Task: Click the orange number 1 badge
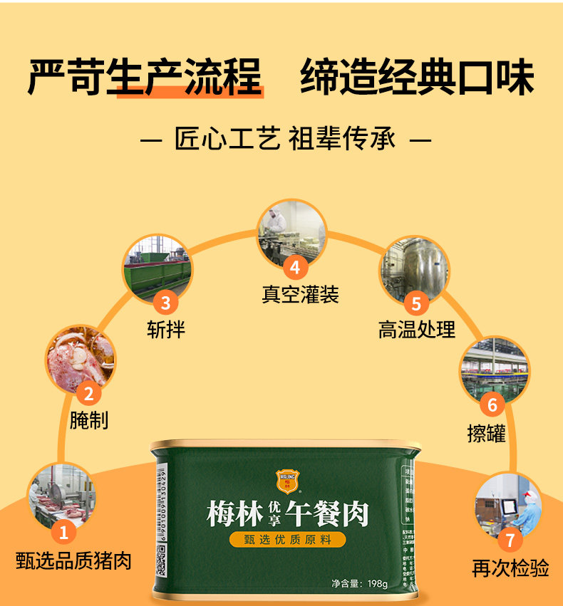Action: pyautogui.click(x=63, y=531)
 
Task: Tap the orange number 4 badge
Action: pyautogui.click(x=295, y=268)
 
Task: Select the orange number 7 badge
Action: pyautogui.click(x=510, y=540)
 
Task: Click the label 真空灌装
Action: pyautogui.click(x=299, y=294)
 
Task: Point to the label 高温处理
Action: pyautogui.click(x=417, y=330)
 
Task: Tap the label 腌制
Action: pyautogui.click(x=89, y=420)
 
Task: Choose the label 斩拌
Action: pyautogui.click(x=166, y=330)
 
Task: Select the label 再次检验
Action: pyautogui.click(x=510, y=568)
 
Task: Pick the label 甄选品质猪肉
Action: pyautogui.click(x=74, y=560)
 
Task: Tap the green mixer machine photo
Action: pyautogui.click(x=158, y=268)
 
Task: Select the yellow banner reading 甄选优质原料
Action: pyautogui.click(x=287, y=539)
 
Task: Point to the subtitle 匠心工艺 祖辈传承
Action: pyautogui.click(x=285, y=139)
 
